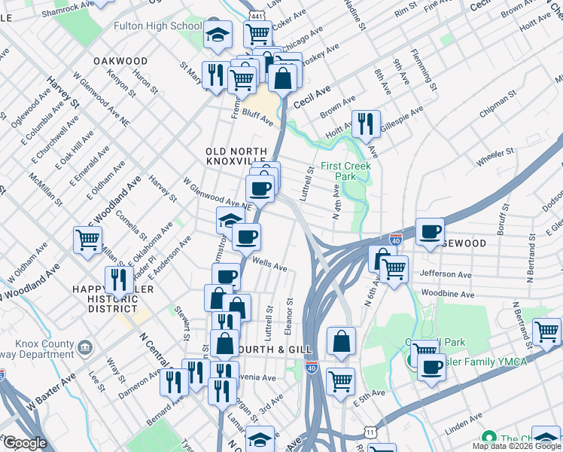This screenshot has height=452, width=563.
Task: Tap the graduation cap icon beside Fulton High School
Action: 218,35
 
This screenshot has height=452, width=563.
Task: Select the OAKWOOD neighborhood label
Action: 120,60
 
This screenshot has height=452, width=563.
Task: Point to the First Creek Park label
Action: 338,171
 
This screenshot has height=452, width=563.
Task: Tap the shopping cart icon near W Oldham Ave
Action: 88,240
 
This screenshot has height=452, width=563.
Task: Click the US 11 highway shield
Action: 370,431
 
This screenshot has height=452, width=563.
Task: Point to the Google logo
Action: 25,443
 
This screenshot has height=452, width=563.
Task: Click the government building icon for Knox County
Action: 85,347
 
